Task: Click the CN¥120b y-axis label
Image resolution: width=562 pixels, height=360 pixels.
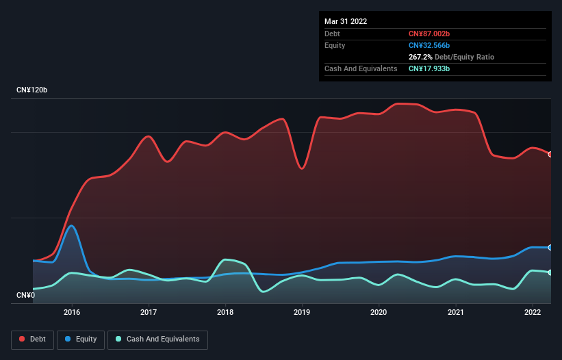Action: click(x=31, y=90)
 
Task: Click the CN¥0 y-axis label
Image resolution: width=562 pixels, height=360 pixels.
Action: click(x=25, y=296)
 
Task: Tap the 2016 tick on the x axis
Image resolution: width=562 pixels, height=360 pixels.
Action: click(x=72, y=312)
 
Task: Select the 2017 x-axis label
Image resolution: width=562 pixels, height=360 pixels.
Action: click(x=149, y=312)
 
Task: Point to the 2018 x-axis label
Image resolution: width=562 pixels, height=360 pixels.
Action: click(x=225, y=312)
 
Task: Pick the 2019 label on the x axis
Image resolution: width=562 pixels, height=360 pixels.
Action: click(x=302, y=312)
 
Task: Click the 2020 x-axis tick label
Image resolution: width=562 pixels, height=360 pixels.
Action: click(x=379, y=312)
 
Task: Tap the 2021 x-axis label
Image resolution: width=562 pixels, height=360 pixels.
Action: click(x=456, y=312)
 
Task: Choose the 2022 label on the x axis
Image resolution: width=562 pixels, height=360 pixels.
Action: click(x=533, y=312)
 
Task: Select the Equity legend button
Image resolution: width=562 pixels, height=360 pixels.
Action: click(x=81, y=339)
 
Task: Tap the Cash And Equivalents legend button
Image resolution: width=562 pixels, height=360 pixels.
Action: click(x=157, y=339)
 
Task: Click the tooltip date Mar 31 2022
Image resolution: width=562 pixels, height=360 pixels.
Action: click(x=346, y=21)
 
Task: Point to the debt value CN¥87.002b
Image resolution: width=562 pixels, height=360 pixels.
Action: click(x=429, y=34)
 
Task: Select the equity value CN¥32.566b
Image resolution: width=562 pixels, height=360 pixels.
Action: click(x=429, y=45)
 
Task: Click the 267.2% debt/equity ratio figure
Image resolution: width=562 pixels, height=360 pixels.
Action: click(x=420, y=57)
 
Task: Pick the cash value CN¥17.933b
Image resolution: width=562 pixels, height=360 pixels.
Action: click(x=429, y=68)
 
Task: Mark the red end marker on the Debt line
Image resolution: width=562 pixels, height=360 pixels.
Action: click(x=550, y=154)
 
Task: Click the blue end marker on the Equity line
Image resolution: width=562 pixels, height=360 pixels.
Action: click(x=550, y=247)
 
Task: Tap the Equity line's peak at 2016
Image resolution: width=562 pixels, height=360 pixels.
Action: click(x=71, y=226)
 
